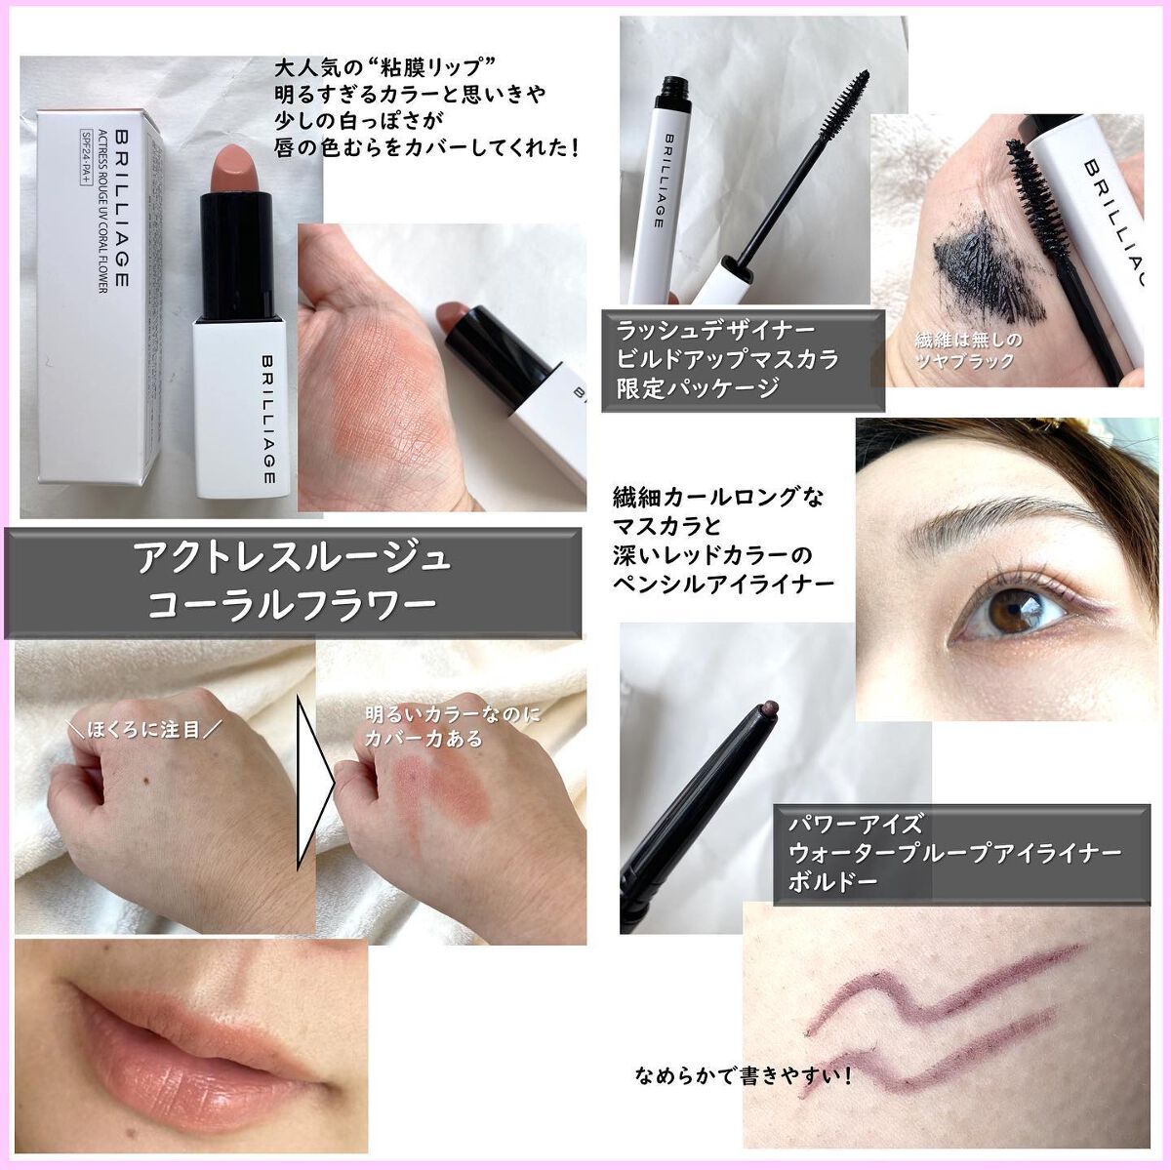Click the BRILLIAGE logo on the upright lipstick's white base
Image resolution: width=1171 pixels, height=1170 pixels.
point(269,420)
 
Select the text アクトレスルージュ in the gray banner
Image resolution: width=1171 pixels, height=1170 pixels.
point(292,559)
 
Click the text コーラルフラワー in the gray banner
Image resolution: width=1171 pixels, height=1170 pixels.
point(292,605)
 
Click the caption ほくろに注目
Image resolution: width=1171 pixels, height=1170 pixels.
point(144,729)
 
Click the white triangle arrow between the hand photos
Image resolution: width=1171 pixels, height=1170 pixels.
point(313,784)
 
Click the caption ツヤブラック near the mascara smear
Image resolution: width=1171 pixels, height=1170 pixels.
point(965,360)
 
